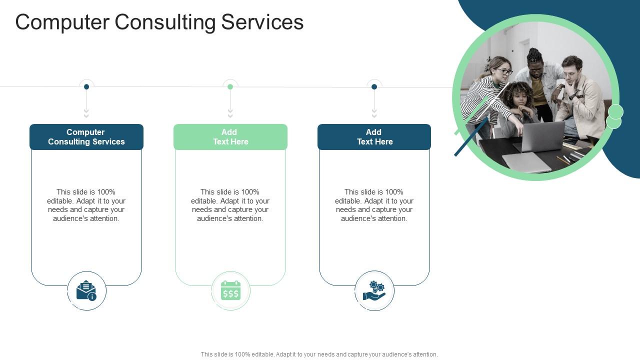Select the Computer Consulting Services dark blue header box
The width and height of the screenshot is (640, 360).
(x=86, y=137)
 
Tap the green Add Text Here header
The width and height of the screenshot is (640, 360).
(x=230, y=137)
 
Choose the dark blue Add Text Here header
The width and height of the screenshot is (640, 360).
(x=374, y=137)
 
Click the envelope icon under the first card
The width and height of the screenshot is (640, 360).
(x=86, y=291)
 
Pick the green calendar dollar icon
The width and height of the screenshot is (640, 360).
(x=230, y=291)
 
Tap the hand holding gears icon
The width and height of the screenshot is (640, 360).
(x=374, y=291)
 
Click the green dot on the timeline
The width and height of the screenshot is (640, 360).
(x=230, y=86)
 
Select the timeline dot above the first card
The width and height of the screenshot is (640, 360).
(x=86, y=86)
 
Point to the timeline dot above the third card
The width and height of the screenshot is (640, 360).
(x=374, y=86)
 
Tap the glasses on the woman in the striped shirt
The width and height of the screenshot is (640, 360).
(x=504, y=72)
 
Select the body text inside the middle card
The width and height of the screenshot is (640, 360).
(x=230, y=205)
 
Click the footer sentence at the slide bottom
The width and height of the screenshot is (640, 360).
(x=319, y=354)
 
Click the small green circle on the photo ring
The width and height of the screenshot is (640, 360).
(x=615, y=112)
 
